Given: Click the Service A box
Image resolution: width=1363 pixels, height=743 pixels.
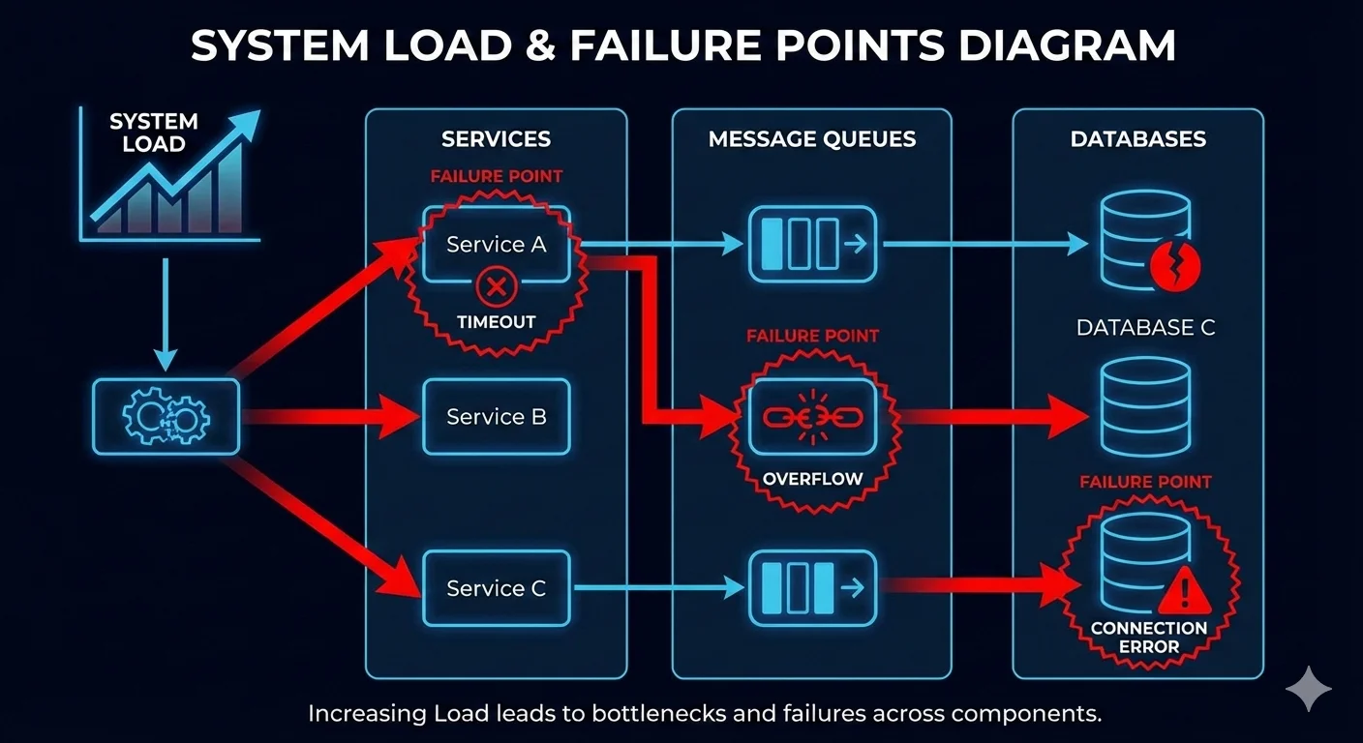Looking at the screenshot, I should pos(496,244).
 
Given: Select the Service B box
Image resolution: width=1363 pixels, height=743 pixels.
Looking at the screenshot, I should pos(496,417).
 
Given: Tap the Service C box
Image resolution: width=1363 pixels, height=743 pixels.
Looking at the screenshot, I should pos(496,588).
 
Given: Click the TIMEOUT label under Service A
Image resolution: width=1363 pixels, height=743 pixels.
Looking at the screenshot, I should pos(496,322).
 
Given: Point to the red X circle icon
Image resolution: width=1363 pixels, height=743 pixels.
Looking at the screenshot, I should pos(496,286).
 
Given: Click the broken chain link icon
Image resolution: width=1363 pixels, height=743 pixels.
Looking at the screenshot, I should pos(811,417).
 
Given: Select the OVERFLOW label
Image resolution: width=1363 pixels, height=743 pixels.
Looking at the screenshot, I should pos(811,479).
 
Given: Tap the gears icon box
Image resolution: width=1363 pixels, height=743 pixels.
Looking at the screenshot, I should pos(166,417).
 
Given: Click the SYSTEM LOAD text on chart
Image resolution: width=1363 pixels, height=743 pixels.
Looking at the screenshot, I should pos(153,134).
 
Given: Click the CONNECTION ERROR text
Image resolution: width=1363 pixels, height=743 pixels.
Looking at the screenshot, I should pos(1149,638).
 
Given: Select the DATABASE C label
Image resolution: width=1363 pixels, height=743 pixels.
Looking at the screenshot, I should pos(1145,328).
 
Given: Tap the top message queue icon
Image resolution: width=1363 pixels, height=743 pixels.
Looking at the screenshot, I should pos(811,244).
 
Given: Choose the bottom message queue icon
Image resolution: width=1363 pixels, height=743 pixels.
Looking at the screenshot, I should pos(811,588).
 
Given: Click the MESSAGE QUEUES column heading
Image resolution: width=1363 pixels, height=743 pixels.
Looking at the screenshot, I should pos(811,139).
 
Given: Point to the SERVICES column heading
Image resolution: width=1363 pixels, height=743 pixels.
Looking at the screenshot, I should pos(496,139).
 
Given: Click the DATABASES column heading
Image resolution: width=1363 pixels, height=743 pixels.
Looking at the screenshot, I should pos(1137,139).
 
